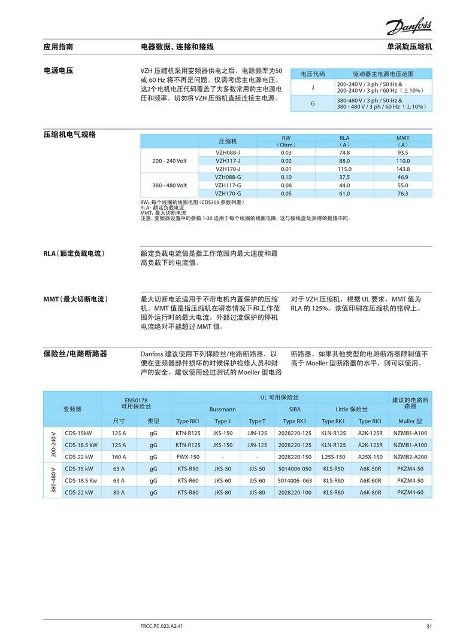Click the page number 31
coord(429,626)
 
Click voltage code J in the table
coord(312,88)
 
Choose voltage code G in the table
coord(312,103)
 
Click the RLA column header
coord(344,138)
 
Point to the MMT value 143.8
coord(402,169)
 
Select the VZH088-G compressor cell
coord(228,177)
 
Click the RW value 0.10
coord(286,177)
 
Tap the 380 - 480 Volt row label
coord(170,185)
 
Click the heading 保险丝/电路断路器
coord(75,354)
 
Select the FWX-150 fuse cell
coord(188,457)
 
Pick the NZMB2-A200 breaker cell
coord(410,457)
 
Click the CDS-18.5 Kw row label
coord(81,480)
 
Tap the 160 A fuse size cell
coord(119,457)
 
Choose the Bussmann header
coord(222,410)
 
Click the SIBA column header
coord(295,410)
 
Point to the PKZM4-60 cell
coord(410,492)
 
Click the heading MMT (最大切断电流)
coord(79,298)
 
